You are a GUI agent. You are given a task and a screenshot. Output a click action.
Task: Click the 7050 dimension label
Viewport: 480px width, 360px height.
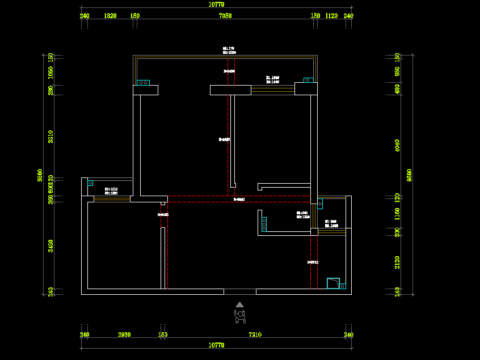[x=225, y=16]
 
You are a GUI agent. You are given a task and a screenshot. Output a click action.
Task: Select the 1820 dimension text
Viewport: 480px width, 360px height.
[x=110, y=16]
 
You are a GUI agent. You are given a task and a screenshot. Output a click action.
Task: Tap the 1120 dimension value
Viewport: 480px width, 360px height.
[x=331, y=16]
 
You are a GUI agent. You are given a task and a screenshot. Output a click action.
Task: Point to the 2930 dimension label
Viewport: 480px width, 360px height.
[x=124, y=334]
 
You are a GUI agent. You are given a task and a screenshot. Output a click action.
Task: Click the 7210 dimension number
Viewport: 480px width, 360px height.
[x=255, y=334]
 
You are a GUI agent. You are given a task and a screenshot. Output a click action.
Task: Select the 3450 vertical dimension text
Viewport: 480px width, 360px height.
[x=50, y=245]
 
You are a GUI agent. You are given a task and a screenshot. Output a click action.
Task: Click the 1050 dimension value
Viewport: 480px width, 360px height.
[x=50, y=72]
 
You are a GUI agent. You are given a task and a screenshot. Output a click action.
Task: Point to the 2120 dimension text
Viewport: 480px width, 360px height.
[x=397, y=262]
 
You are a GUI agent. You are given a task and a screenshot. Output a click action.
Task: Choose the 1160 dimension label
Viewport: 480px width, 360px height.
[x=397, y=214]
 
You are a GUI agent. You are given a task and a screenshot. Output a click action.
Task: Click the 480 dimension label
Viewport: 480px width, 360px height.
[x=397, y=89]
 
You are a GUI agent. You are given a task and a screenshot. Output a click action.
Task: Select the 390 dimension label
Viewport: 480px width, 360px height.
[x=50, y=90]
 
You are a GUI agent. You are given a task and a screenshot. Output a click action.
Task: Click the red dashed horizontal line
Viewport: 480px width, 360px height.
[x=239, y=202]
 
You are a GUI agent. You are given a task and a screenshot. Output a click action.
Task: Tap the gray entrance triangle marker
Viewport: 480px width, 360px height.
[x=240, y=304]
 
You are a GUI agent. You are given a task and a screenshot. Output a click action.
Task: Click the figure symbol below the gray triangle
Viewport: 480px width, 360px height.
[x=240, y=316]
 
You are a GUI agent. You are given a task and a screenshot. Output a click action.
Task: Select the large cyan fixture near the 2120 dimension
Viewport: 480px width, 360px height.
[x=334, y=283]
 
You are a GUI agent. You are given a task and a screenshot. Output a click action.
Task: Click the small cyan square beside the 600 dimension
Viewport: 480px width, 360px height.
[x=90, y=183]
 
